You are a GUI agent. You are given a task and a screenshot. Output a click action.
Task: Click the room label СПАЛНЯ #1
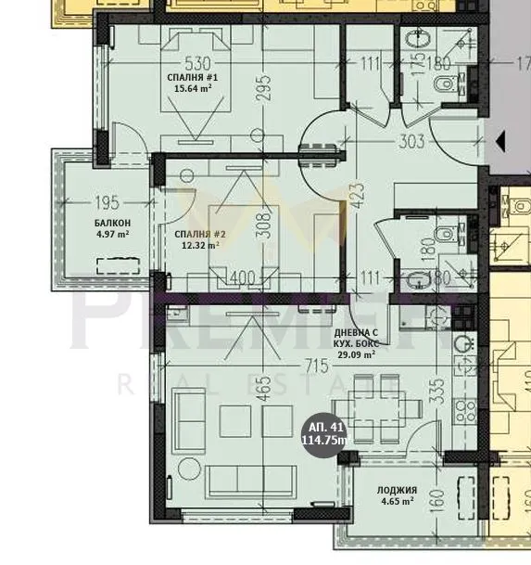(193, 76)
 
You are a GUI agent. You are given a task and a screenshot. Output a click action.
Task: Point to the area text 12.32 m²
(198, 246)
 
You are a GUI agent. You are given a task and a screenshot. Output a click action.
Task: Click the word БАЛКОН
(111, 224)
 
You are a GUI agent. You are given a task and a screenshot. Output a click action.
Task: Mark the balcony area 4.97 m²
(111, 235)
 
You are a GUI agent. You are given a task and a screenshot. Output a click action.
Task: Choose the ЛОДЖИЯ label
(397, 490)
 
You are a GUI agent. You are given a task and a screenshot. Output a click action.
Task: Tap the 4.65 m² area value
(396, 502)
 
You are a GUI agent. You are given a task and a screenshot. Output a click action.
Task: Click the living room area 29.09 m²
(355, 353)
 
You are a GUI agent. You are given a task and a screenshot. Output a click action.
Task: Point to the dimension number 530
(195, 63)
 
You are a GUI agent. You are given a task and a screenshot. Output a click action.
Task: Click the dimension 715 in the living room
(316, 366)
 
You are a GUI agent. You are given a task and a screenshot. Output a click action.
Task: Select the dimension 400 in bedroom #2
(243, 276)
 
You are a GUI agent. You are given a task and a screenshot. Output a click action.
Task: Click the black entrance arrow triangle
(500, 142)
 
